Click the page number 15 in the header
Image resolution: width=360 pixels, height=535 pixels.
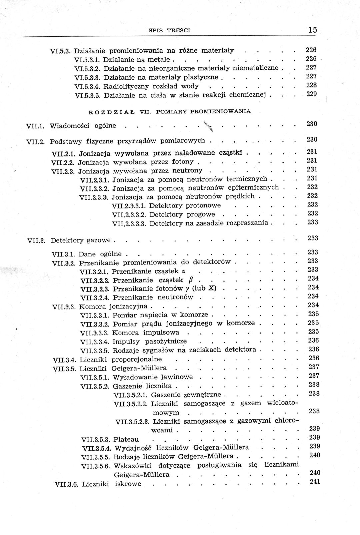tap(312, 30)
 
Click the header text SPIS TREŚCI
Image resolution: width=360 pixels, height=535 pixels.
tap(169, 30)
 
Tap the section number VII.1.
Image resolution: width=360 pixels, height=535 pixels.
tap(35, 126)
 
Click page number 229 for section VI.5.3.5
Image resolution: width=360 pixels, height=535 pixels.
tap(311, 94)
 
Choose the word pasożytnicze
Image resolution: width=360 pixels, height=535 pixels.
tap(166, 341)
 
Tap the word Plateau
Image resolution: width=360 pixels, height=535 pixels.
tap(126, 439)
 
